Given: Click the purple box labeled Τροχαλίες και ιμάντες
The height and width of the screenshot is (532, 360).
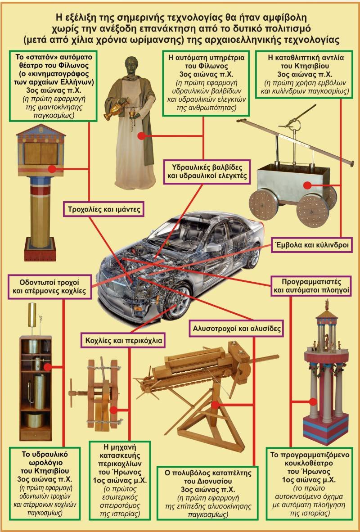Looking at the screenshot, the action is pos(104,209).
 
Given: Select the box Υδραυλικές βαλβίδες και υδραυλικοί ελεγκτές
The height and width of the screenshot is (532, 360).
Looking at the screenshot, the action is pos(207,171).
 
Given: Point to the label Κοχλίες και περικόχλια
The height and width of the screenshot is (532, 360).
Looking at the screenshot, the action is pos(123,340).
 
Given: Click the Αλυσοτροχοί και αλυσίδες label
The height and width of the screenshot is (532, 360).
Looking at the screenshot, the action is pos(237,329).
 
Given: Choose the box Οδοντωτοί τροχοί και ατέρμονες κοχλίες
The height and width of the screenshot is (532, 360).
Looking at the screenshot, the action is pos(49,287).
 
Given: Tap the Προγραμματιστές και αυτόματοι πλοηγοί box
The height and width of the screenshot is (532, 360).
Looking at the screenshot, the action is pos(311,286).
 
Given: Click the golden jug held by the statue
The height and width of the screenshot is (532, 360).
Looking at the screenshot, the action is pos(116,109).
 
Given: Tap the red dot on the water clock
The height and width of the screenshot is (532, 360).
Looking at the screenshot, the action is pos(48,367).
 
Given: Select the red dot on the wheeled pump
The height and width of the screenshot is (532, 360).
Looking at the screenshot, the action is pos(307,185).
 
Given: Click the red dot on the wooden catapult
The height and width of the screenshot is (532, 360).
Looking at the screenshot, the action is pos(215,405).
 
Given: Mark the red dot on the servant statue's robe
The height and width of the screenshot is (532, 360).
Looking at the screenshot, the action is pos(141,136).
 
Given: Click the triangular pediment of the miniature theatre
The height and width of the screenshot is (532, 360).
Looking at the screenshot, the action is pos(40,131).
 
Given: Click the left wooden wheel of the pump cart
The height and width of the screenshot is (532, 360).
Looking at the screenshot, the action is pos(263,205).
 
